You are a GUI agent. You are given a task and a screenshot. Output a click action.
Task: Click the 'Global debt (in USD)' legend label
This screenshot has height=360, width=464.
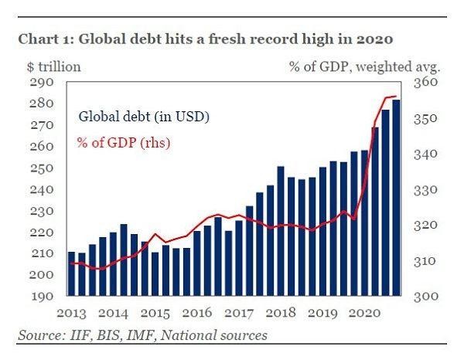click(x=144, y=117)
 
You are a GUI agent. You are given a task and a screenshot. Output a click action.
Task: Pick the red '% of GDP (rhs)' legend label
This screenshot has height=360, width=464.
click(x=123, y=142)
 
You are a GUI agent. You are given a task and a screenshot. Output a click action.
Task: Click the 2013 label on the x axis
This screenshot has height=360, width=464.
click(x=72, y=314)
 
